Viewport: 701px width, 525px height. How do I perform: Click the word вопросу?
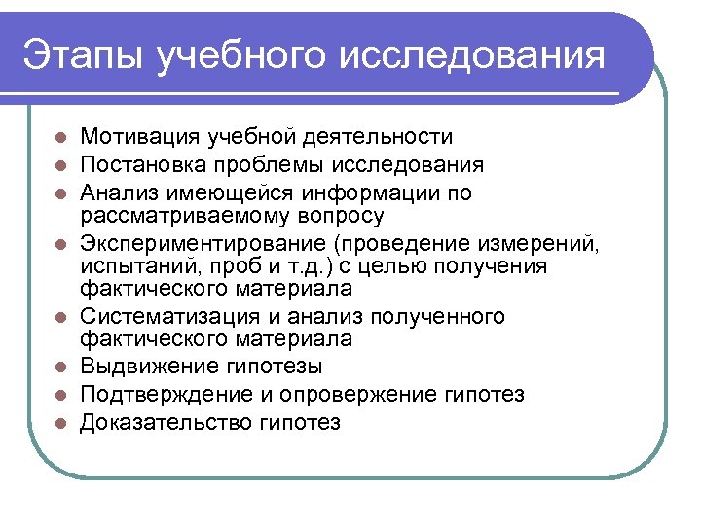pyautogui.click(x=334, y=215)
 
